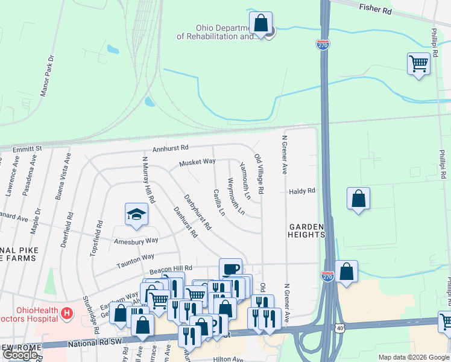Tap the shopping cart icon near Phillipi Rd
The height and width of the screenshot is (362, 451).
point(418,62)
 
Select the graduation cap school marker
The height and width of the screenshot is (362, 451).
point(137,214)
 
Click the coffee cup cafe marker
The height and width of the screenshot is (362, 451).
point(230,268)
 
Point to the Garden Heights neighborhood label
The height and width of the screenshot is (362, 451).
point(306,230)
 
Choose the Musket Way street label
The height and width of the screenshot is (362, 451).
point(197,162)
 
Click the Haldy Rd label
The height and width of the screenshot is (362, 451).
point(302,191)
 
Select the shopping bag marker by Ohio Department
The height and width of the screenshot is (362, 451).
point(260,24)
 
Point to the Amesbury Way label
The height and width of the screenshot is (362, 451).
point(136,240)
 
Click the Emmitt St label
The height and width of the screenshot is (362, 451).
point(30,148)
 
